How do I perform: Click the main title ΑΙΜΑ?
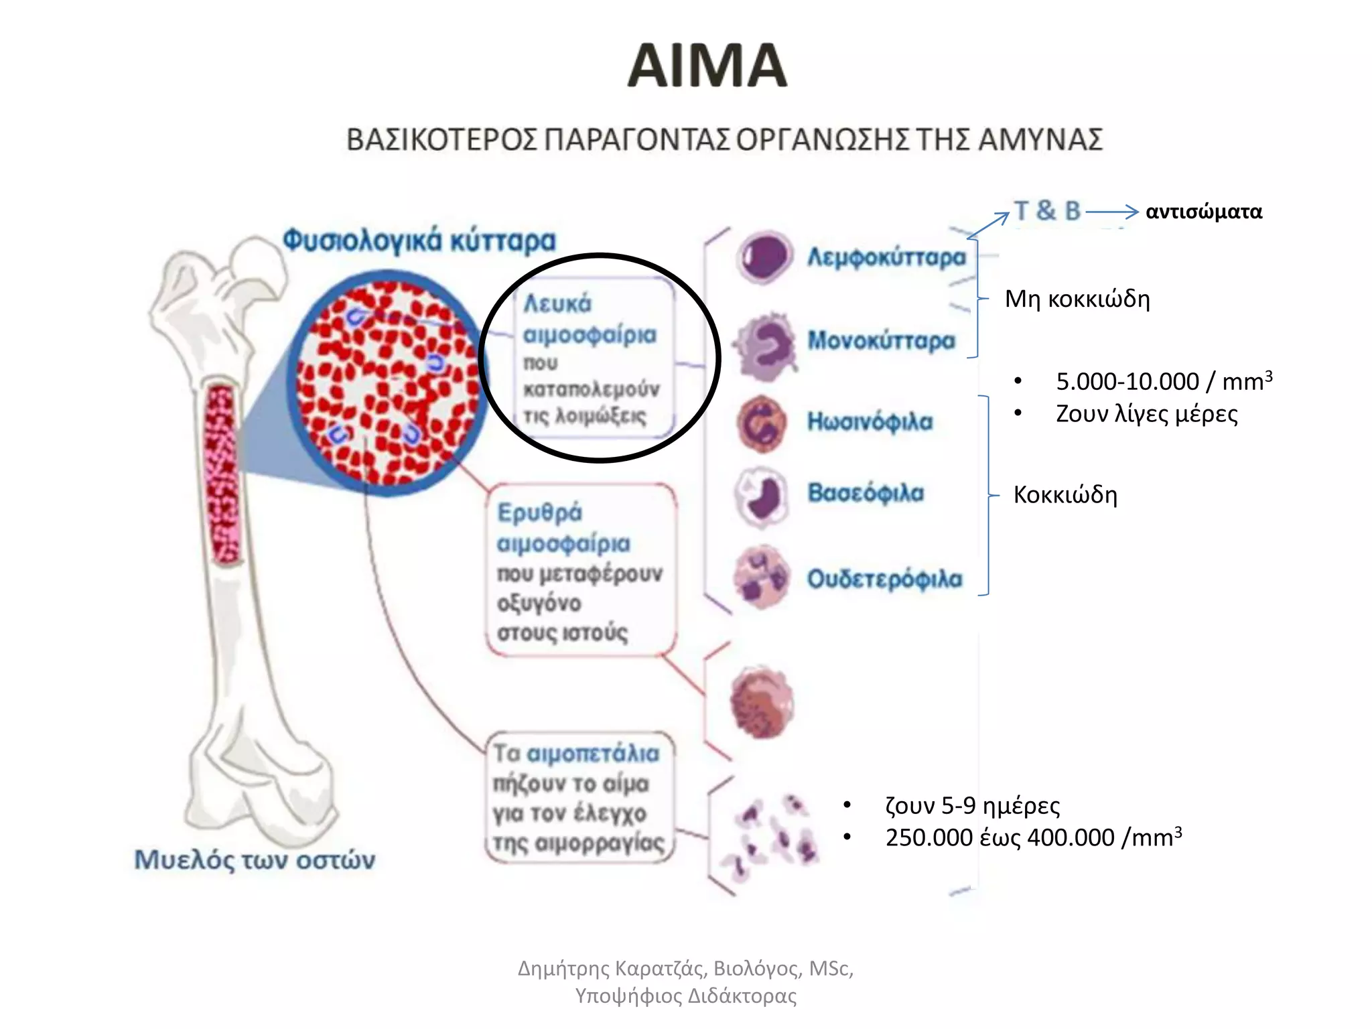click(x=707, y=66)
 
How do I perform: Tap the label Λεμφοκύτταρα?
click(x=886, y=257)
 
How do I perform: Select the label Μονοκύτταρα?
click(x=881, y=340)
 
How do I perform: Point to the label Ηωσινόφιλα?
click(x=870, y=421)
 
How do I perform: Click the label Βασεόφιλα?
click(x=866, y=492)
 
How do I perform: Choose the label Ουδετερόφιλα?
click(x=884, y=578)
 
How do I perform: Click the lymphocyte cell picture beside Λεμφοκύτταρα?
click(x=764, y=257)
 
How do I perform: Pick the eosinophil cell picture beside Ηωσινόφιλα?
click(x=761, y=423)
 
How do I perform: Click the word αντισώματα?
click(x=1203, y=212)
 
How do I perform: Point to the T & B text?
click(x=1047, y=211)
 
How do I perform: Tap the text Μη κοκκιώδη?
click(x=1077, y=299)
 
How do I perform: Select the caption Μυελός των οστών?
click(x=255, y=860)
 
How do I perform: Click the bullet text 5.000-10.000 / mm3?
click(x=1164, y=381)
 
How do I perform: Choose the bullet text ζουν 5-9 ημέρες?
click(x=973, y=805)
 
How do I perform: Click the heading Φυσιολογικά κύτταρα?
click(x=419, y=241)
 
